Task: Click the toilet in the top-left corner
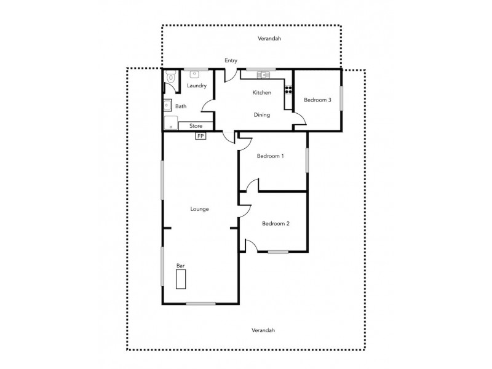pos(170,78)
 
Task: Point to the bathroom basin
pos(167,105)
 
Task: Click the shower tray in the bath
pos(169,123)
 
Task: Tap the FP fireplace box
pos(200,136)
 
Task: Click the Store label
pos(196,126)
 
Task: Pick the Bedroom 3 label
pos(318,100)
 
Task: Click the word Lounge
pos(199,209)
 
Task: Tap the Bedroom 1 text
pos(270,156)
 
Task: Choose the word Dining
pos(262,114)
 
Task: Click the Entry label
pos(231,60)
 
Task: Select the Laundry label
pos(197,86)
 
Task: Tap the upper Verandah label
pos(269,38)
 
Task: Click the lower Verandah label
pos(263,330)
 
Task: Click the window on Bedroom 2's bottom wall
pos(278,252)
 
